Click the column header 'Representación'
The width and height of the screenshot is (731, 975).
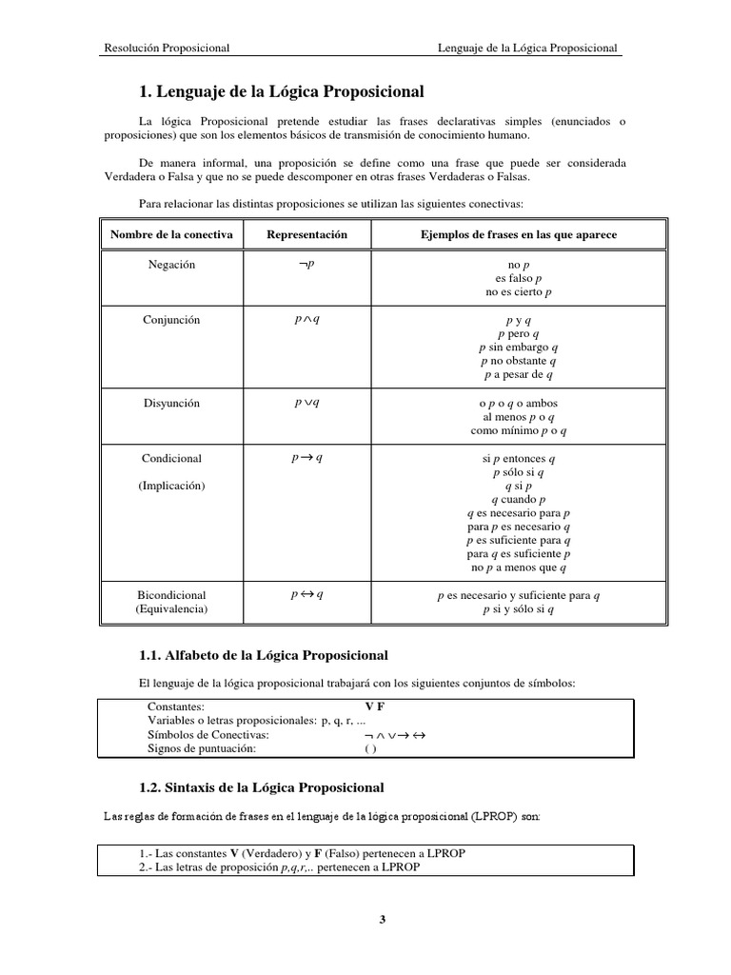pos(306,234)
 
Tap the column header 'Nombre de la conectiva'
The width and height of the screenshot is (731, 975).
pos(171,234)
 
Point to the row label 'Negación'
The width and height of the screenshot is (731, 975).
pos(171,265)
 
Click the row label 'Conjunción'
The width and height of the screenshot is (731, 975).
pos(171,321)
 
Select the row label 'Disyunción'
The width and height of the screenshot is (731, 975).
pos(171,403)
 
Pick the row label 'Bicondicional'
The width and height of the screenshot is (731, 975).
pos(171,595)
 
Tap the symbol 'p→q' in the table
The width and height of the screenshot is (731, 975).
pos(306,458)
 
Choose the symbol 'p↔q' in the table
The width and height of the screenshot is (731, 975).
pos(306,595)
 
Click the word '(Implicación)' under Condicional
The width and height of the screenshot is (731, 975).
pos(171,486)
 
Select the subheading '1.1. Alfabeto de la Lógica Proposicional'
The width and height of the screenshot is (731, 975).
pos(264,655)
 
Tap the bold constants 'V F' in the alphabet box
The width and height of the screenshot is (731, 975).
pos(375,707)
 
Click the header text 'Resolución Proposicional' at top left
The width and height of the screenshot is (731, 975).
pos(167,47)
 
